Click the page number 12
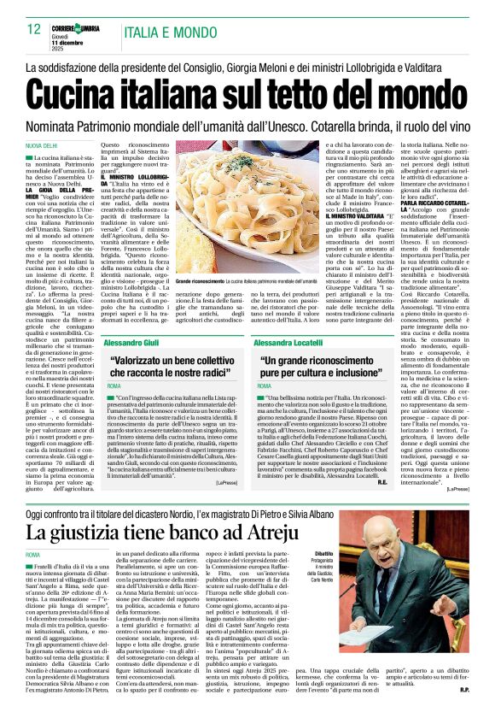point(35,29)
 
